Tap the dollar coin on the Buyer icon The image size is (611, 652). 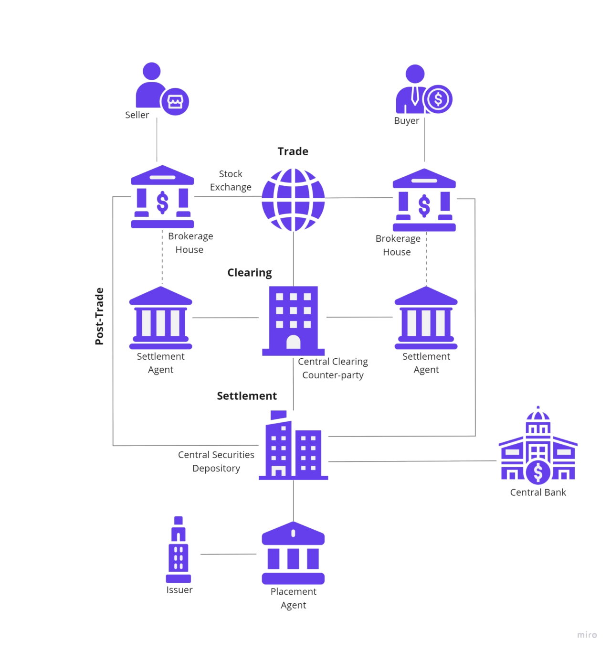438,99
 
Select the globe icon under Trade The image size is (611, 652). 293,200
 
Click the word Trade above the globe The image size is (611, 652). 293,152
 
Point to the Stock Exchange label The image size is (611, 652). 231,181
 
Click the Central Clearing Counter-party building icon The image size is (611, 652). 293,321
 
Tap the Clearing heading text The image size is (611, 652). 250,273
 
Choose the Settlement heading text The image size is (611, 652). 247,395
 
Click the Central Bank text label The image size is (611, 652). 538,492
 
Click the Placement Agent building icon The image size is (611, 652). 293,554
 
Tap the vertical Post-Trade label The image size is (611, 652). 99,316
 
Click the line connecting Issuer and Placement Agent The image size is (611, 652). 228,554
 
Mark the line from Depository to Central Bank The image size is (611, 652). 413,461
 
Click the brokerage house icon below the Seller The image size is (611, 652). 162,197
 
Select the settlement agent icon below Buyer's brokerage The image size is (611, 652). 426,318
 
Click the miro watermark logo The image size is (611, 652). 587,635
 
